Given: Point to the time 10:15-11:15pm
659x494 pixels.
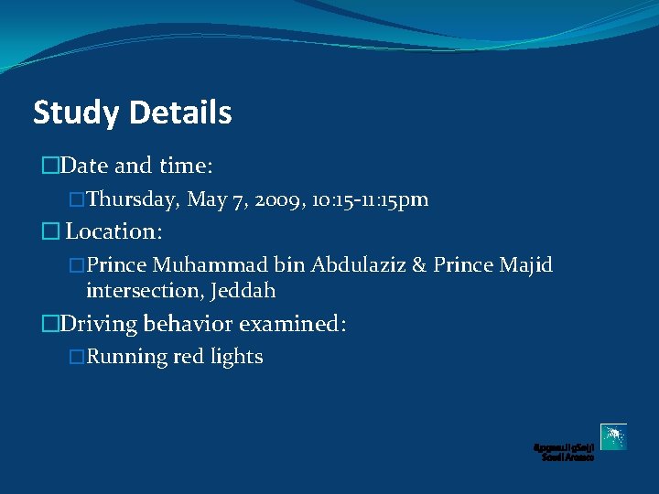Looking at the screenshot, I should click(x=371, y=199).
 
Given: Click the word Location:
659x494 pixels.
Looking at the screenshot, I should click(x=113, y=231).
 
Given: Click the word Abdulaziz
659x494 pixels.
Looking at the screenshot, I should click(x=353, y=265).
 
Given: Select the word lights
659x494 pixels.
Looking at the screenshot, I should click(x=237, y=357).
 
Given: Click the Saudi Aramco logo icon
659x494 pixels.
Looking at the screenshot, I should click(x=613, y=436).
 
